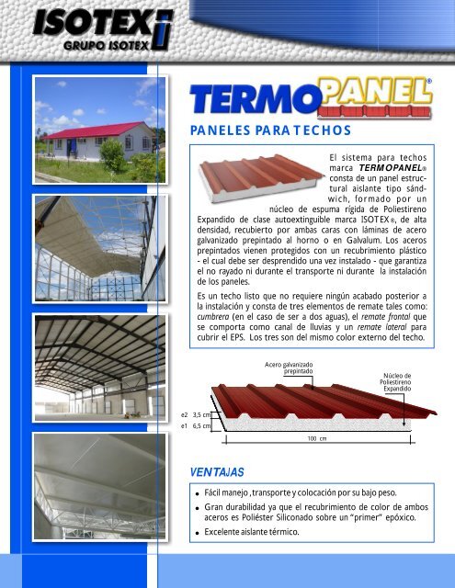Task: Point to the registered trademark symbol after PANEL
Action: click(430, 84)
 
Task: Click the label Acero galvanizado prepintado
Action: click(289, 367)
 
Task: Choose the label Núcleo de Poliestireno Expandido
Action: click(398, 382)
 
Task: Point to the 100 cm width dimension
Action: click(316, 439)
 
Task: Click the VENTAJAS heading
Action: click(211, 472)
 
